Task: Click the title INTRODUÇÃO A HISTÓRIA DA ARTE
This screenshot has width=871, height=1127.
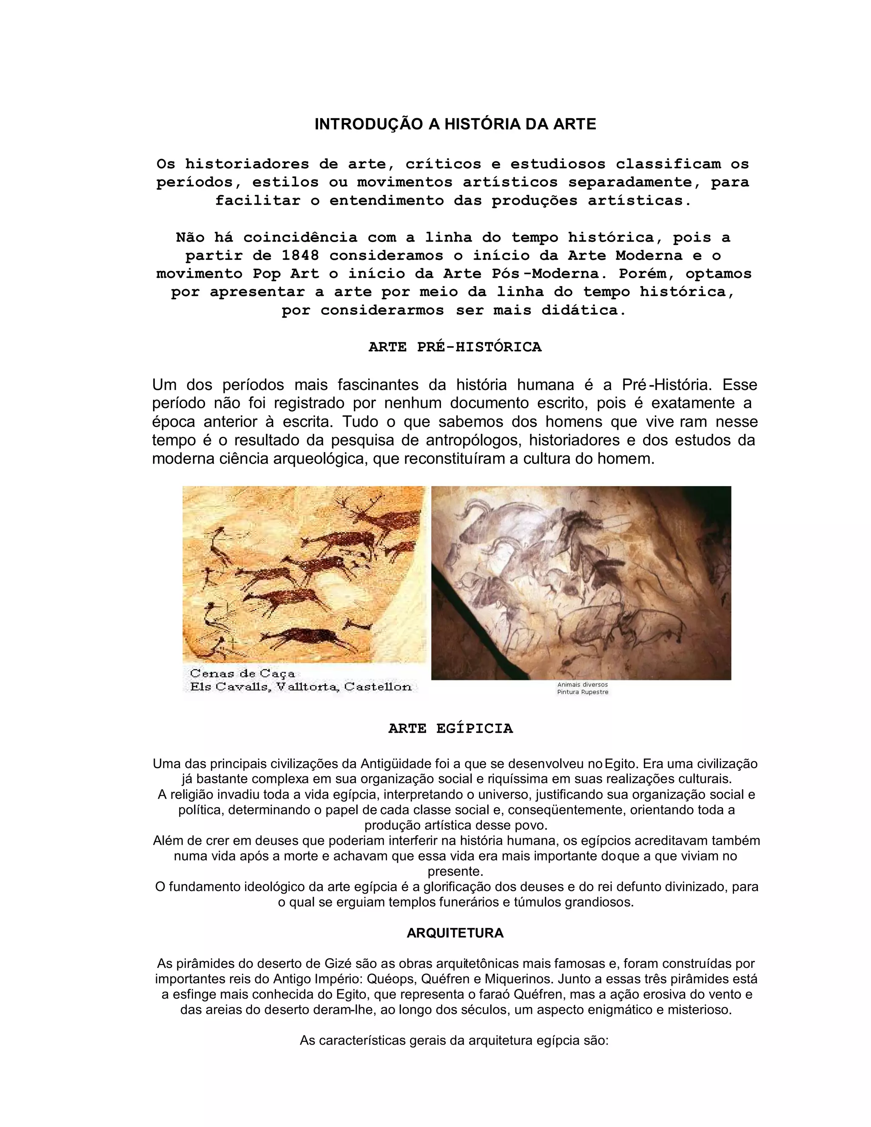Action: coord(455,124)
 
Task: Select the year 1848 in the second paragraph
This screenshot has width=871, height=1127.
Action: coord(300,256)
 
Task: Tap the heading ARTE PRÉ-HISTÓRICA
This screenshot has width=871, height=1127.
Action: coord(455,347)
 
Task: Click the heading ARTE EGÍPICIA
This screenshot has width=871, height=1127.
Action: coord(450,729)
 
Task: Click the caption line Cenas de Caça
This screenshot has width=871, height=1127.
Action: coord(242,673)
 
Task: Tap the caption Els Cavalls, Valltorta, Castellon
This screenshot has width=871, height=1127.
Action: coord(300,687)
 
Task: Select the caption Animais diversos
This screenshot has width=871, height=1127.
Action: coord(582,684)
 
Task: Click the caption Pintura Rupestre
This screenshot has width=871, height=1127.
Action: coord(582,692)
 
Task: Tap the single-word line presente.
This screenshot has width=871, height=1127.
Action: coord(455,871)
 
